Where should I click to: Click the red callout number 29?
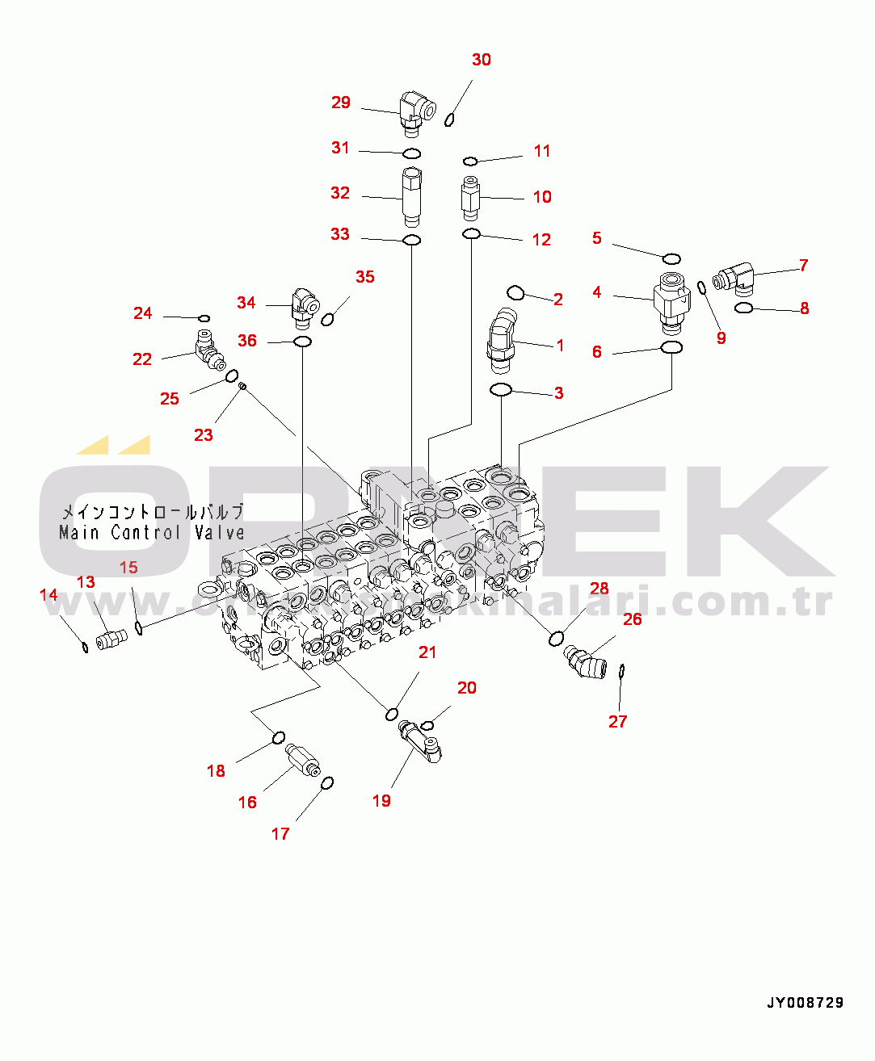point(341,103)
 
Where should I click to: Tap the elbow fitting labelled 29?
point(415,112)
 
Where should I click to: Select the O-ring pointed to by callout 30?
point(450,120)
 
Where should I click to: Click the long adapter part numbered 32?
point(412,196)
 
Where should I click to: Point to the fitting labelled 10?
point(470,198)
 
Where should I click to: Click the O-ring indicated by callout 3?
point(501,391)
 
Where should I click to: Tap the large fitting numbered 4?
point(671,303)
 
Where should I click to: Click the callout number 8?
point(804,308)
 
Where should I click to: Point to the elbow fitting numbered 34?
point(304,307)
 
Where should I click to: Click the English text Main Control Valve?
point(152,533)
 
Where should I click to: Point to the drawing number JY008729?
point(805,1003)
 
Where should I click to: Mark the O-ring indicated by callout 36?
point(303,342)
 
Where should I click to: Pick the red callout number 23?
point(204,435)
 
